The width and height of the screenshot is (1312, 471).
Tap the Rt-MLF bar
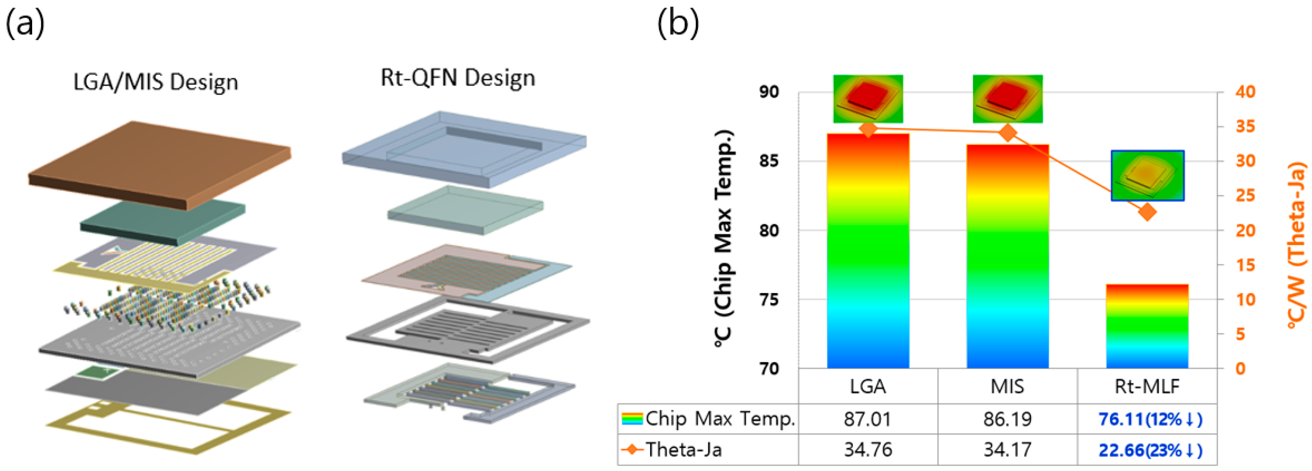(1147, 326)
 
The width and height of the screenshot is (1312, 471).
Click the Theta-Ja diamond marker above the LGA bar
(869, 129)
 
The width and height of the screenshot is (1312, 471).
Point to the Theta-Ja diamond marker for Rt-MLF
(1147, 212)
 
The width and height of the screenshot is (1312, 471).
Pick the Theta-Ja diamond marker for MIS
(1008, 133)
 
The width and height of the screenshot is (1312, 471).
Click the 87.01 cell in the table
(868, 419)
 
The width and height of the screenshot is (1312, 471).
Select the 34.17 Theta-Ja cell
(1008, 450)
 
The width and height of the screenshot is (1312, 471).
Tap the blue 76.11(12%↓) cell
(1150, 419)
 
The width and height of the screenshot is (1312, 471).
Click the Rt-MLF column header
(1147, 387)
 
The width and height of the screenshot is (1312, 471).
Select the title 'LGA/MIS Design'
(156, 82)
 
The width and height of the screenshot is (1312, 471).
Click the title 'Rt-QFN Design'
(458, 78)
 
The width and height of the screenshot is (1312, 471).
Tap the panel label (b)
(678, 24)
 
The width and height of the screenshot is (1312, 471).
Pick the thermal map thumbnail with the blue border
(1147, 175)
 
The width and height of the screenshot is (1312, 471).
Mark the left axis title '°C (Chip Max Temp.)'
(723, 239)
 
